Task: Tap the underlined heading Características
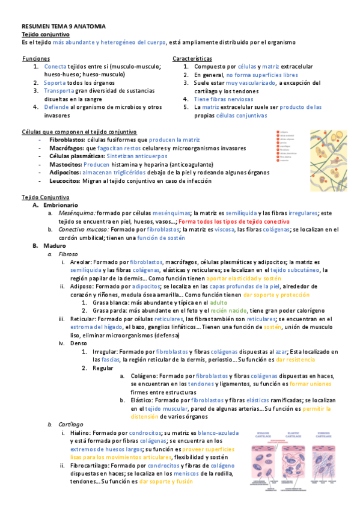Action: pyautogui.click(x=192, y=58)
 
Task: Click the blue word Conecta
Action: pyautogui.click(x=55, y=66)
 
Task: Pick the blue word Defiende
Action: pyautogui.click(x=56, y=107)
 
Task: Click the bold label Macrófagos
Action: pyautogui.click(x=67, y=147)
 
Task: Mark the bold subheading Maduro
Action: pyautogui.click(x=55, y=246)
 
